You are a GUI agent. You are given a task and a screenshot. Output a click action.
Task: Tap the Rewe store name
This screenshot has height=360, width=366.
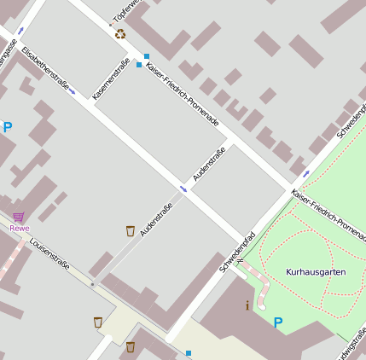pyautogui.click(x=19, y=228)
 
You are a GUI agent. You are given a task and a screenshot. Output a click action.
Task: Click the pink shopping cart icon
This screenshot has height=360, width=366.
pyautogui.click(x=19, y=217)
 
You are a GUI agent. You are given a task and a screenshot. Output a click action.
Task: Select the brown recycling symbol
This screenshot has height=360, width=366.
pyautogui.click(x=120, y=34)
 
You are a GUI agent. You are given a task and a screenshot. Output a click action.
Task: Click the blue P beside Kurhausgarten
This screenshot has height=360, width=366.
pyautogui.click(x=277, y=322)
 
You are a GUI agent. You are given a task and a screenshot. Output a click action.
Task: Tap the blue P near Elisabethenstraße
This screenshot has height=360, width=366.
pyautogui.click(x=8, y=128)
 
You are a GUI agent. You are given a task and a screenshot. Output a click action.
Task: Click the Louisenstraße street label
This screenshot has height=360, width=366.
pyautogui.click(x=49, y=254)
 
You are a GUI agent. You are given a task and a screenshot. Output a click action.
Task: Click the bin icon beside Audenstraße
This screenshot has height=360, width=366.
pyautogui.click(x=130, y=230)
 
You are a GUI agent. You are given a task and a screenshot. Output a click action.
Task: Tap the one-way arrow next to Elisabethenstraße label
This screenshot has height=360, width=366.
pyautogui.click(x=72, y=90)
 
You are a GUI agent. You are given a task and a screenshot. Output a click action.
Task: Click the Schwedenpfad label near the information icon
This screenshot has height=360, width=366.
pyautogui.click(x=237, y=252)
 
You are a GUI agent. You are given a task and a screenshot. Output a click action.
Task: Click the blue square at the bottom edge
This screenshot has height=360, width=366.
pyautogui.click(x=188, y=352)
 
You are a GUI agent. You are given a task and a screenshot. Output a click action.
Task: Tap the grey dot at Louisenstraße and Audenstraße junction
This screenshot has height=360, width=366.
pyautogui.click(x=94, y=284)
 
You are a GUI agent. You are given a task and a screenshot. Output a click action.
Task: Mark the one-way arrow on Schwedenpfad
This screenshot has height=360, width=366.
pyautogui.click(x=305, y=173)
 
